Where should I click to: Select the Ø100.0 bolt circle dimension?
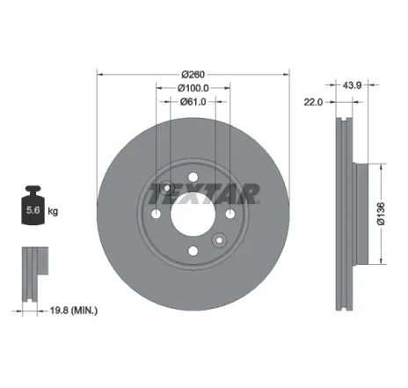point(193,88)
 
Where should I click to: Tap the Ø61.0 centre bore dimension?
point(193,103)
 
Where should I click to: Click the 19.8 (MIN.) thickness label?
point(73,310)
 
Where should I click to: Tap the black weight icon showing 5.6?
point(32,209)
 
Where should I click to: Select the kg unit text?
point(54,211)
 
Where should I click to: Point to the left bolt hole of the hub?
point(156,216)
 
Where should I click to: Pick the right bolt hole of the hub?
point(229,216)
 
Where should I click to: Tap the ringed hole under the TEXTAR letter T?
point(167,187)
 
